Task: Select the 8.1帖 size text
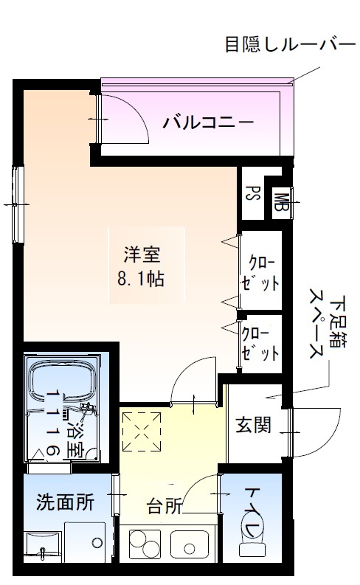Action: pos(142,280)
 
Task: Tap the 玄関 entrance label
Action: pos(253,426)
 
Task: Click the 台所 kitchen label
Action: pos(165,507)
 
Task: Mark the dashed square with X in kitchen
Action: pos(141,432)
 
